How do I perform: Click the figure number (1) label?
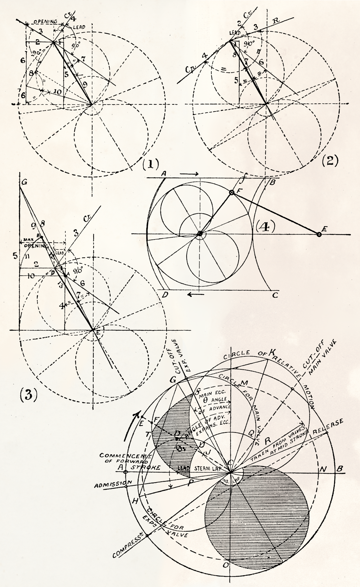[x=150, y=164]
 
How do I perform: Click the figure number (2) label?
[x=330, y=160]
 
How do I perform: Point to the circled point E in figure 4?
[x=319, y=235]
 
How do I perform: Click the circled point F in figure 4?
[x=232, y=193]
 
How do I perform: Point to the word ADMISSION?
[x=113, y=484]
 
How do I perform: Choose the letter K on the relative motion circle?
[x=272, y=352]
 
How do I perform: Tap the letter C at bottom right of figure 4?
[x=275, y=295]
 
